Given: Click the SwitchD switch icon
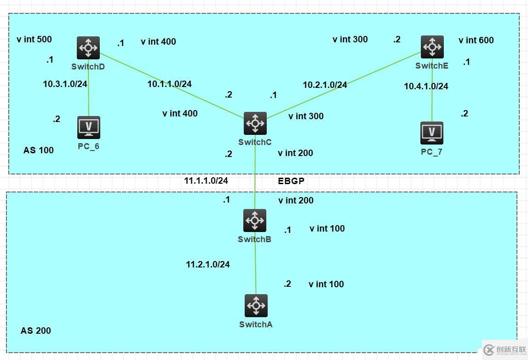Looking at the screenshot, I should click(x=88, y=48).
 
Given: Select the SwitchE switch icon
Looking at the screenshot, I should click(x=432, y=46).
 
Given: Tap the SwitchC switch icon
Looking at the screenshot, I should click(x=255, y=123).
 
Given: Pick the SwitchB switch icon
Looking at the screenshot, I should click(x=255, y=221).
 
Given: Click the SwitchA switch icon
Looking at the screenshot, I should click(x=256, y=306).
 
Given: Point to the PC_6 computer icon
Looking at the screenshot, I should click(x=89, y=128).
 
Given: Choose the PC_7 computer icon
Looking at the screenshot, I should click(x=432, y=133).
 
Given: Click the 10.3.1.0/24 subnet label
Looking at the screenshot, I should click(x=65, y=84).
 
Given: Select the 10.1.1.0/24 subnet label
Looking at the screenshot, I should click(x=169, y=84).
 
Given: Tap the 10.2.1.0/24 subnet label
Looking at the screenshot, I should click(x=325, y=85).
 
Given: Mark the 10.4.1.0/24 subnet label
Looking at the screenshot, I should click(x=426, y=86).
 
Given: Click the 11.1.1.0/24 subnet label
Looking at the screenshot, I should click(x=206, y=180).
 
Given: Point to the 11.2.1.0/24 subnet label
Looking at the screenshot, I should click(x=208, y=264).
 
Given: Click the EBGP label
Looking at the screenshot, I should click(x=291, y=181).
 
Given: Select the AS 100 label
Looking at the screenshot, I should click(x=38, y=150).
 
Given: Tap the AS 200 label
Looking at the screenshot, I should click(x=36, y=331).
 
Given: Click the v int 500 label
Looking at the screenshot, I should click(x=34, y=39).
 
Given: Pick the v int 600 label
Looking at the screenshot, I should click(x=476, y=40).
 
